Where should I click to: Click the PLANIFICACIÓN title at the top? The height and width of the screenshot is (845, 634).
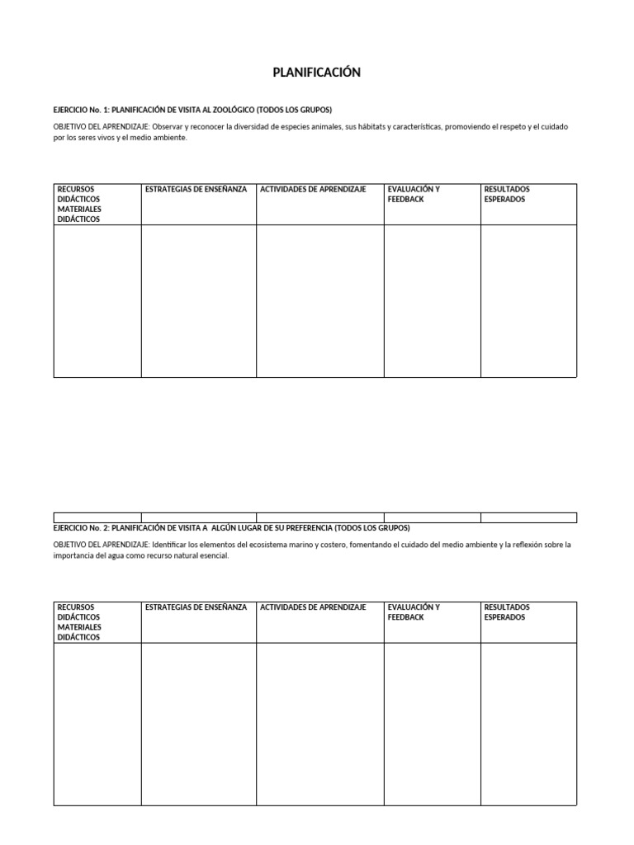pos(317,73)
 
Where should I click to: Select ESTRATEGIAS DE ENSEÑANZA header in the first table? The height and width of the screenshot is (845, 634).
pos(196,190)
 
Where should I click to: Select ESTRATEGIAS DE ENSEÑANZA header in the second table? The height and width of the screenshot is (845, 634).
pos(196,607)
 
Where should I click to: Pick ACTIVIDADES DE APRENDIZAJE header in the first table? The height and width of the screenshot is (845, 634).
pos(313,190)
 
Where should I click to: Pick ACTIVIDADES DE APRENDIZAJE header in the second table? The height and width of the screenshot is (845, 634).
pos(313,607)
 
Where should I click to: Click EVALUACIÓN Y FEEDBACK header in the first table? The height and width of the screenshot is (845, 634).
pos(414,195)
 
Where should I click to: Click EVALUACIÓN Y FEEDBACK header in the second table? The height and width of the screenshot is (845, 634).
pos(414,612)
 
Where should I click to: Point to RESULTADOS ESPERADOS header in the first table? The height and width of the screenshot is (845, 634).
pos(507,195)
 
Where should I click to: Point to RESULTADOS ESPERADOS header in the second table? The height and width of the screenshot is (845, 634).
pos(507,612)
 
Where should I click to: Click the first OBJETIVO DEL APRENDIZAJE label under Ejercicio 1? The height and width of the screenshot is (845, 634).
pos(101,127)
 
